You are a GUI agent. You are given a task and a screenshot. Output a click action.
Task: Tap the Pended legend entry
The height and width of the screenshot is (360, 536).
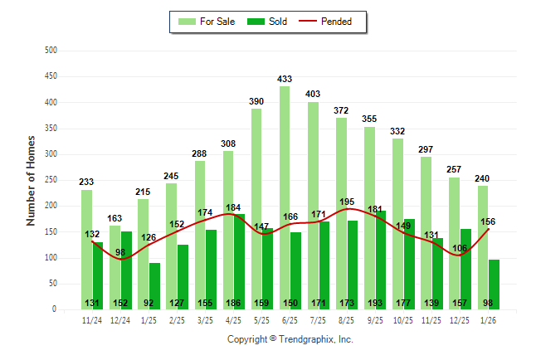(x=337, y=22)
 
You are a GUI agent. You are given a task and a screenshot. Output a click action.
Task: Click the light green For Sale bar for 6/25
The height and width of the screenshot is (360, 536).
(x=285, y=199)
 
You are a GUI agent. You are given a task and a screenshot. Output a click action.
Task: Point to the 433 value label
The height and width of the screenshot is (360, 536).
(x=285, y=80)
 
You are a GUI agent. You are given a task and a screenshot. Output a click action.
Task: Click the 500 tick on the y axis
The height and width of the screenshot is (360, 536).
(x=51, y=51)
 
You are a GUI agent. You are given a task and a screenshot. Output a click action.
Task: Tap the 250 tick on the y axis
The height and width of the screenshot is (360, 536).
(x=51, y=180)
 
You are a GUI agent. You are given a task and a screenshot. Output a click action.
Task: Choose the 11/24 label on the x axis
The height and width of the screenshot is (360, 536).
(x=92, y=319)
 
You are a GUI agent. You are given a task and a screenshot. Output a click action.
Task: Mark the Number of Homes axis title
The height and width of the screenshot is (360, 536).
(x=31, y=180)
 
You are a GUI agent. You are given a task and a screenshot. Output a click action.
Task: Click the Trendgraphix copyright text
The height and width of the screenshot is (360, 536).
(x=290, y=339)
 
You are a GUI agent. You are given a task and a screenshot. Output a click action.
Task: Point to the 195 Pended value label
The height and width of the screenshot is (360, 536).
(x=348, y=202)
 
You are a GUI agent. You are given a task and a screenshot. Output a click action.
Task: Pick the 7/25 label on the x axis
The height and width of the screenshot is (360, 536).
(x=319, y=319)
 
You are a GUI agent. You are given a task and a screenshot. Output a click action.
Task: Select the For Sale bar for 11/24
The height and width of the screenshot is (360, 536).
(x=86, y=249)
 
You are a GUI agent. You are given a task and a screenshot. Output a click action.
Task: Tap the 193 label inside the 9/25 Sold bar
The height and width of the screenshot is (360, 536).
(x=381, y=303)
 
